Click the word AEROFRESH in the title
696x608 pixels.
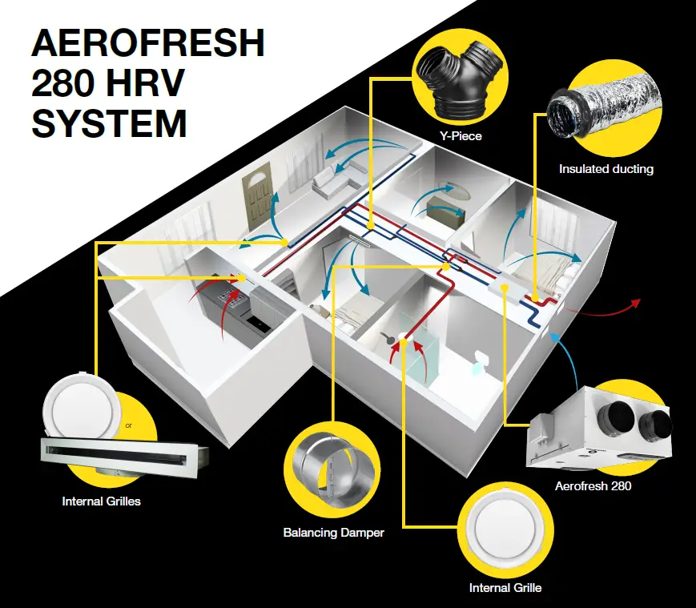click(147, 44)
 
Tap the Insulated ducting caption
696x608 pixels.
click(606, 169)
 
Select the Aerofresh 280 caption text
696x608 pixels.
click(593, 485)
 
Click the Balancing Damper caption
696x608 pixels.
click(333, 532)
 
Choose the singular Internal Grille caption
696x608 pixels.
click(505, 588)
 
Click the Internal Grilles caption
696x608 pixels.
click(102, 502)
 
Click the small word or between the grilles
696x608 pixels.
click(129, 425)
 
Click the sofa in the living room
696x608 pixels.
click(330, 183)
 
